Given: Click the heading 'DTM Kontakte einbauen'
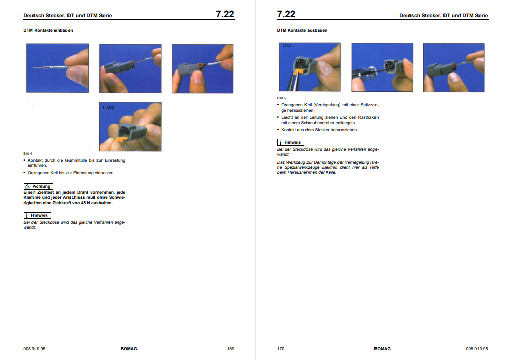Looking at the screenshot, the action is click(48, 30).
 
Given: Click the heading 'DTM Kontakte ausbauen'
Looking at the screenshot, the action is click(302, 30).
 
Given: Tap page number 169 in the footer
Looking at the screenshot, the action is click(231, 349).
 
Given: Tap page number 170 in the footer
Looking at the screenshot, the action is click(281, 349).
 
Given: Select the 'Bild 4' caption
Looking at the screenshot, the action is click(28, 154).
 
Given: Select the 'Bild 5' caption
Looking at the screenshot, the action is click(281, 98).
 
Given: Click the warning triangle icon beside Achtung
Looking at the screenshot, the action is click(27, 186).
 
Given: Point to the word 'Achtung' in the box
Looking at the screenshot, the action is click(42, 186).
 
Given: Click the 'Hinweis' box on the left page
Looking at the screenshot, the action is click(37, 215).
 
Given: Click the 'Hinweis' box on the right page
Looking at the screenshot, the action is click(291, 142).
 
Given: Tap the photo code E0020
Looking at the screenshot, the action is click(109, 107).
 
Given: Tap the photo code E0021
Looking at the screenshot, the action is click(287, 45).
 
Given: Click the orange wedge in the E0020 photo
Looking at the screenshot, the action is click(121, 140).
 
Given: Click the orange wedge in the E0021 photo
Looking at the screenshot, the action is click(300, 71).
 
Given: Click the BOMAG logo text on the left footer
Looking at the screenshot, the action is click(129, 349).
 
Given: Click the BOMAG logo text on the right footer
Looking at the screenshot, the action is click(383, 349).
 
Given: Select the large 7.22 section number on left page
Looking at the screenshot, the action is click(225, 14).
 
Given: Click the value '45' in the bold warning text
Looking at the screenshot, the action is click(83, 203).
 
